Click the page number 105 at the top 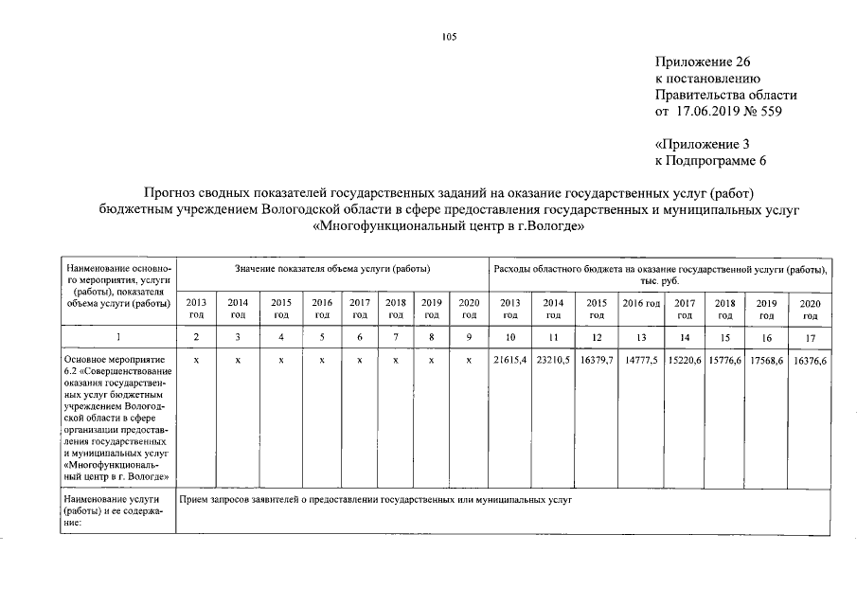tap(449, 37)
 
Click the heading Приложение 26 tap(702, 61)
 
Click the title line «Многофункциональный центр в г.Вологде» tap(449, 227)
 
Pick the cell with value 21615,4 tap(509, 361)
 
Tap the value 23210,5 tap(554, 361)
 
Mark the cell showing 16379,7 tap(597, 361)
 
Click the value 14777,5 tap(641, 361)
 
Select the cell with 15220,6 tap(685, 361)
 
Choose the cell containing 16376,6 tap(812, 361)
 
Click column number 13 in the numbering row tap(641, 336)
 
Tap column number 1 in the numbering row tap(117, 336)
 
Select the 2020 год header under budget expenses tap(812, 308)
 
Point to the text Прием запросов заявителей tap(241, 498)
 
